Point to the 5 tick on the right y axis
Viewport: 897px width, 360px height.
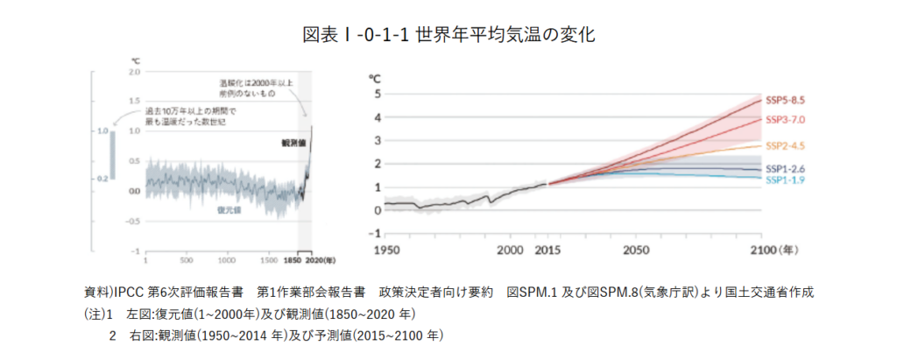point(377,94)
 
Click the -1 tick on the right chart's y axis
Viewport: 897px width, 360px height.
point(375,233)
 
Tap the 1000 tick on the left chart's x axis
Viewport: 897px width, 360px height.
point(226,260)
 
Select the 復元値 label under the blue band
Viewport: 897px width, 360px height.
point(230,210)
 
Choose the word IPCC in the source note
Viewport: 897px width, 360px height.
point(128,291)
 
